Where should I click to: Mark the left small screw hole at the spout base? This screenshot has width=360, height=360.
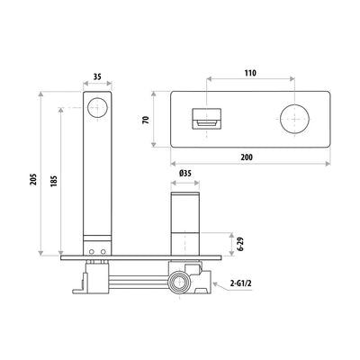pos(89,251)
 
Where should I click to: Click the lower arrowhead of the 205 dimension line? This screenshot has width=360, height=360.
pos(41,256)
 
